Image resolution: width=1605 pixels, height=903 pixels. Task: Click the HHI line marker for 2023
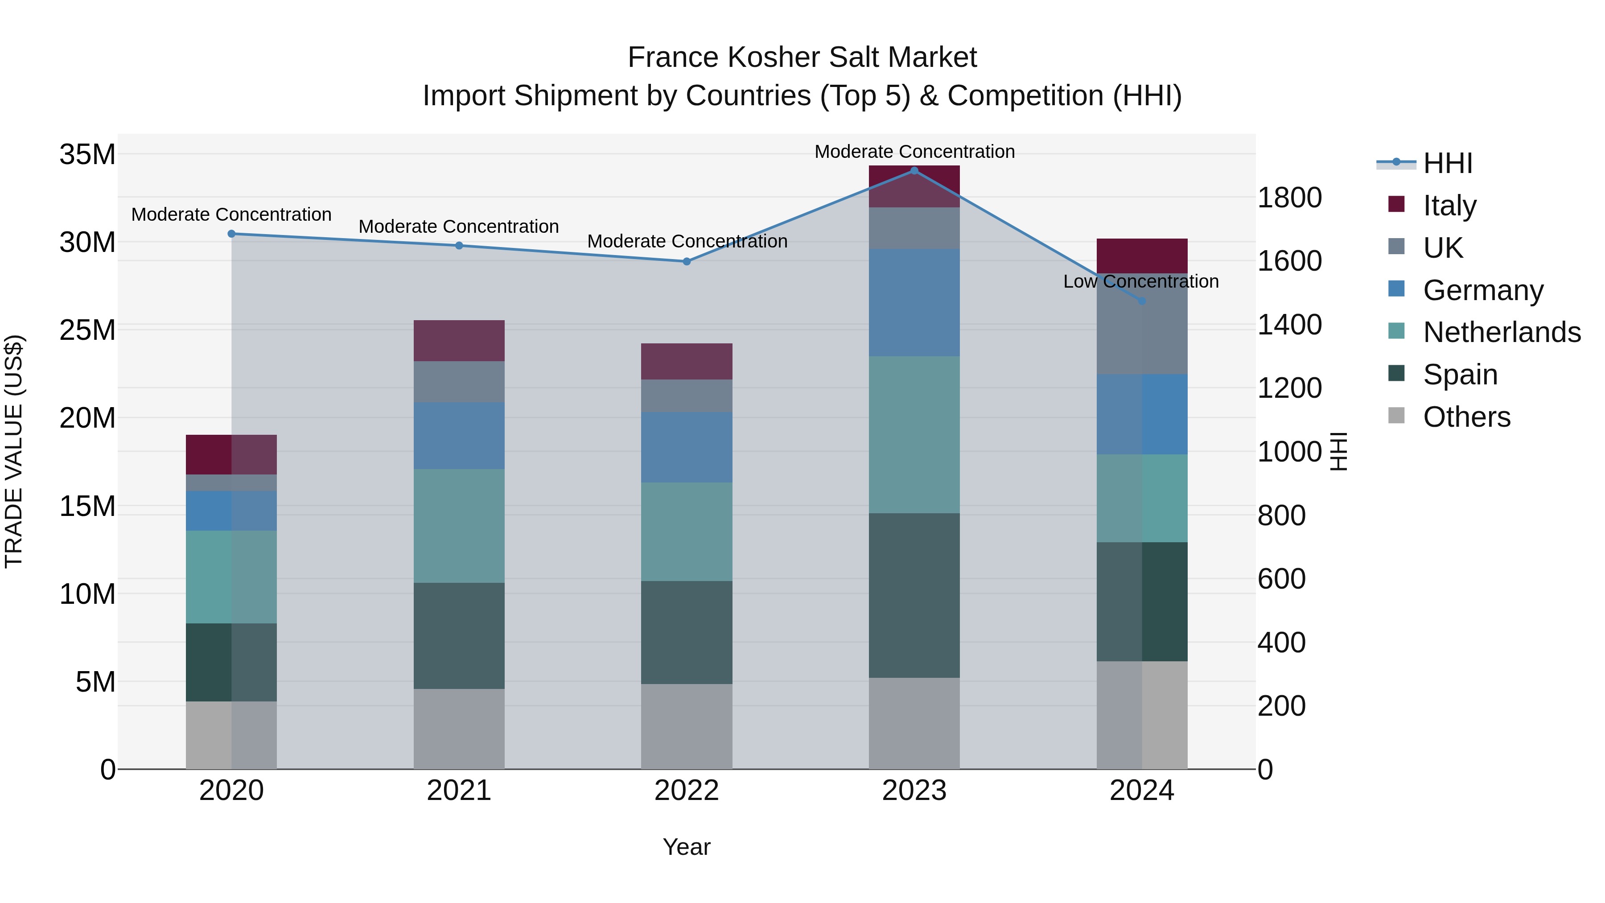[x=914, y=171]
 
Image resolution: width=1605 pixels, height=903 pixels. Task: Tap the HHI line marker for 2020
[x=231, y=234]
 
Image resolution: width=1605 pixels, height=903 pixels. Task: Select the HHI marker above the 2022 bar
[x=687, y=262]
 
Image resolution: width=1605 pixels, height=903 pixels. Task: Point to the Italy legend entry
[x=1449, y=205]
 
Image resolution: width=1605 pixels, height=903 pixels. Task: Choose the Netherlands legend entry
[x=1502, y=332]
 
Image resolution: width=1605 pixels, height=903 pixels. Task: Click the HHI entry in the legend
[x=1447, y=163]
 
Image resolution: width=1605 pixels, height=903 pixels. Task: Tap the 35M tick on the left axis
[x=87, y=154]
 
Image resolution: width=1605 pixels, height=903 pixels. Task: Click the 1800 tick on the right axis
[x=1289, y=198]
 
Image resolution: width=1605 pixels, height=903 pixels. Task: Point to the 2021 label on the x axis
[x=459, y=791]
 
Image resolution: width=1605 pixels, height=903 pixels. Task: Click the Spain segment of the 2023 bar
[x=914, y=595]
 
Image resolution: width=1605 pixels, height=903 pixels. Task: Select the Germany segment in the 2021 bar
[x=459, y=436]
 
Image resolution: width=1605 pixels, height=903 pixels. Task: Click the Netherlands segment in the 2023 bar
[x=914, y=434]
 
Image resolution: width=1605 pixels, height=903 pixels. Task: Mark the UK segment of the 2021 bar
[x=459, y=381]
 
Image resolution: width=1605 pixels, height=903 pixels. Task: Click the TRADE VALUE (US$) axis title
[x=14, y=451]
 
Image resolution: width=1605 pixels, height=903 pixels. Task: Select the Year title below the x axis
[x=687, y=847]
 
